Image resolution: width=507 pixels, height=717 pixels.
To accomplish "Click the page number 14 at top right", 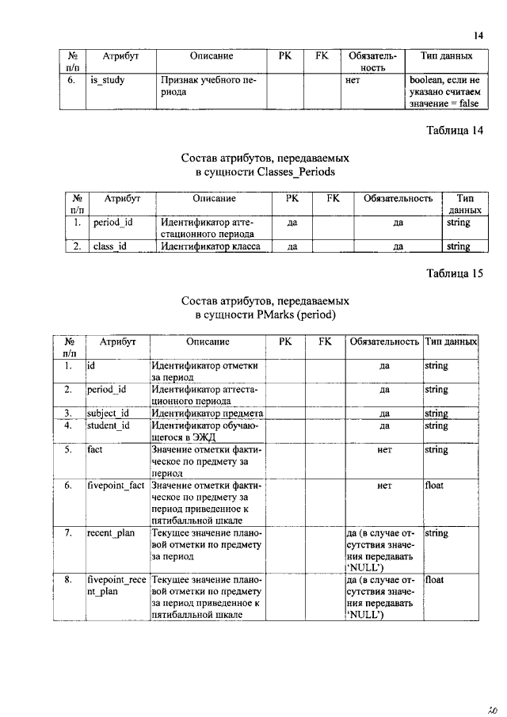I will [478, 35].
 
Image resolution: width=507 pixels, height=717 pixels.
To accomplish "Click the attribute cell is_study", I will [108, 80].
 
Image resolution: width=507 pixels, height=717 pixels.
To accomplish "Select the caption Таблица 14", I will [454, 130].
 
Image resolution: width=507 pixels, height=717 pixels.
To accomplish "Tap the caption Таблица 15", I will [454, 274].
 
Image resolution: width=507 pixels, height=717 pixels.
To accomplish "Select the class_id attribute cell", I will [110, 246].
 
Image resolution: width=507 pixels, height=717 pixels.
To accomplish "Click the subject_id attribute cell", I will [108, 413].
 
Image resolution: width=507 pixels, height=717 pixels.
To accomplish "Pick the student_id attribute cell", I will [108, 425].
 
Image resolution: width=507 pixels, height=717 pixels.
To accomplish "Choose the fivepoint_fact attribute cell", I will [116, 485].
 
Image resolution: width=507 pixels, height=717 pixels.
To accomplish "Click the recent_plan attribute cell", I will [111, 533].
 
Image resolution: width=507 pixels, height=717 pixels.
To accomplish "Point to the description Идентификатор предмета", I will [207, 413].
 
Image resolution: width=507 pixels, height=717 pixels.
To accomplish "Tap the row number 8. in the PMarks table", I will [69, 581].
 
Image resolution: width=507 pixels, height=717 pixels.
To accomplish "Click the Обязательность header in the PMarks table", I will [383, 341].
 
